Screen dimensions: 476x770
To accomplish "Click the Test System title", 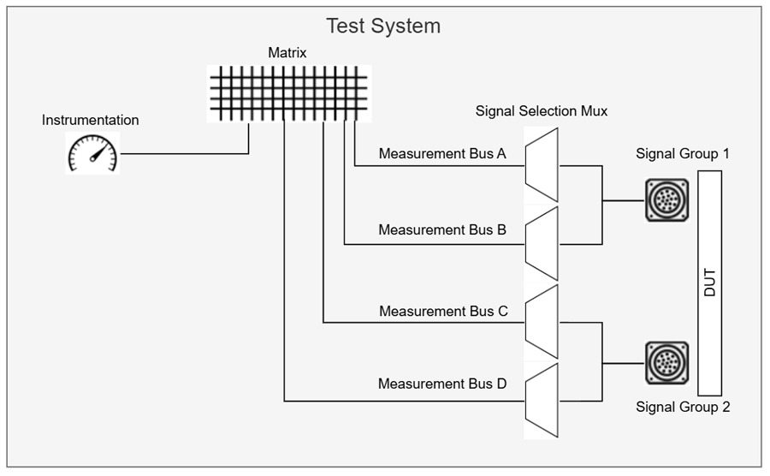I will coord(383,26).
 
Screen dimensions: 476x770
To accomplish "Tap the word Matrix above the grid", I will coord(287,53).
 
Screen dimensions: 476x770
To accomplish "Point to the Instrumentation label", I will coord(90,120).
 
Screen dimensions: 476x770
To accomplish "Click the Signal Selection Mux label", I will coord(542,111).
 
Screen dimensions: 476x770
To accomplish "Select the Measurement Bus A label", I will coord(442,154).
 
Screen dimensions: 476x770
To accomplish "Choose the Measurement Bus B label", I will coord(442,229).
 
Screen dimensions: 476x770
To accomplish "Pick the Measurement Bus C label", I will coord(442,311).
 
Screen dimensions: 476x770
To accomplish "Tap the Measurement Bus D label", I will coord(442,384).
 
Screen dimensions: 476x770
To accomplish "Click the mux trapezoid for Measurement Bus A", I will coord(542,166).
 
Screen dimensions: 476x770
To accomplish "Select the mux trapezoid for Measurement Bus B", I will coord(542,244).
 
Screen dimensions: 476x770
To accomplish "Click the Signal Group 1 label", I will coord(683,153).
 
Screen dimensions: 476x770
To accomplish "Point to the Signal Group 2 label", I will coord(683,407).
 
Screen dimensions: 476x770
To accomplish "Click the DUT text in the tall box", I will coord(709,283).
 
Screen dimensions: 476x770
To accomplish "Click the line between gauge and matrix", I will coord(184,154).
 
